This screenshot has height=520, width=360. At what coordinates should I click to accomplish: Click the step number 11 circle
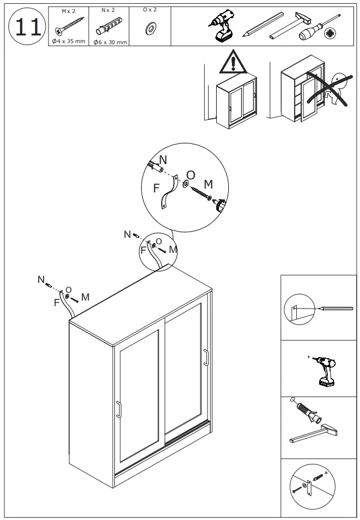click(27, 26)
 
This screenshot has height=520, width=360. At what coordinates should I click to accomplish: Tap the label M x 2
click(68, 10)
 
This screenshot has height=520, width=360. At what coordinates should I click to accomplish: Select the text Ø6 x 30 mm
click(109, 42)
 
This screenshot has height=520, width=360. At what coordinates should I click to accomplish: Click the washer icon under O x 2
click(149, 28)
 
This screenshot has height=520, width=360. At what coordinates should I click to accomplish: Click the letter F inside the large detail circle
click(156, 189)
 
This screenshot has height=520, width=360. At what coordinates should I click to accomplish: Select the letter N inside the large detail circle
click(163, 160)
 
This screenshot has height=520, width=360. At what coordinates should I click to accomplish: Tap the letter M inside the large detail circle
click(208, 184)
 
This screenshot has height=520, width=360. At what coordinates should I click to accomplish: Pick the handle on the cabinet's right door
click(206, 357)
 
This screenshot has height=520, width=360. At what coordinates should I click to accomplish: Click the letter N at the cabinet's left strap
click(41, 280)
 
